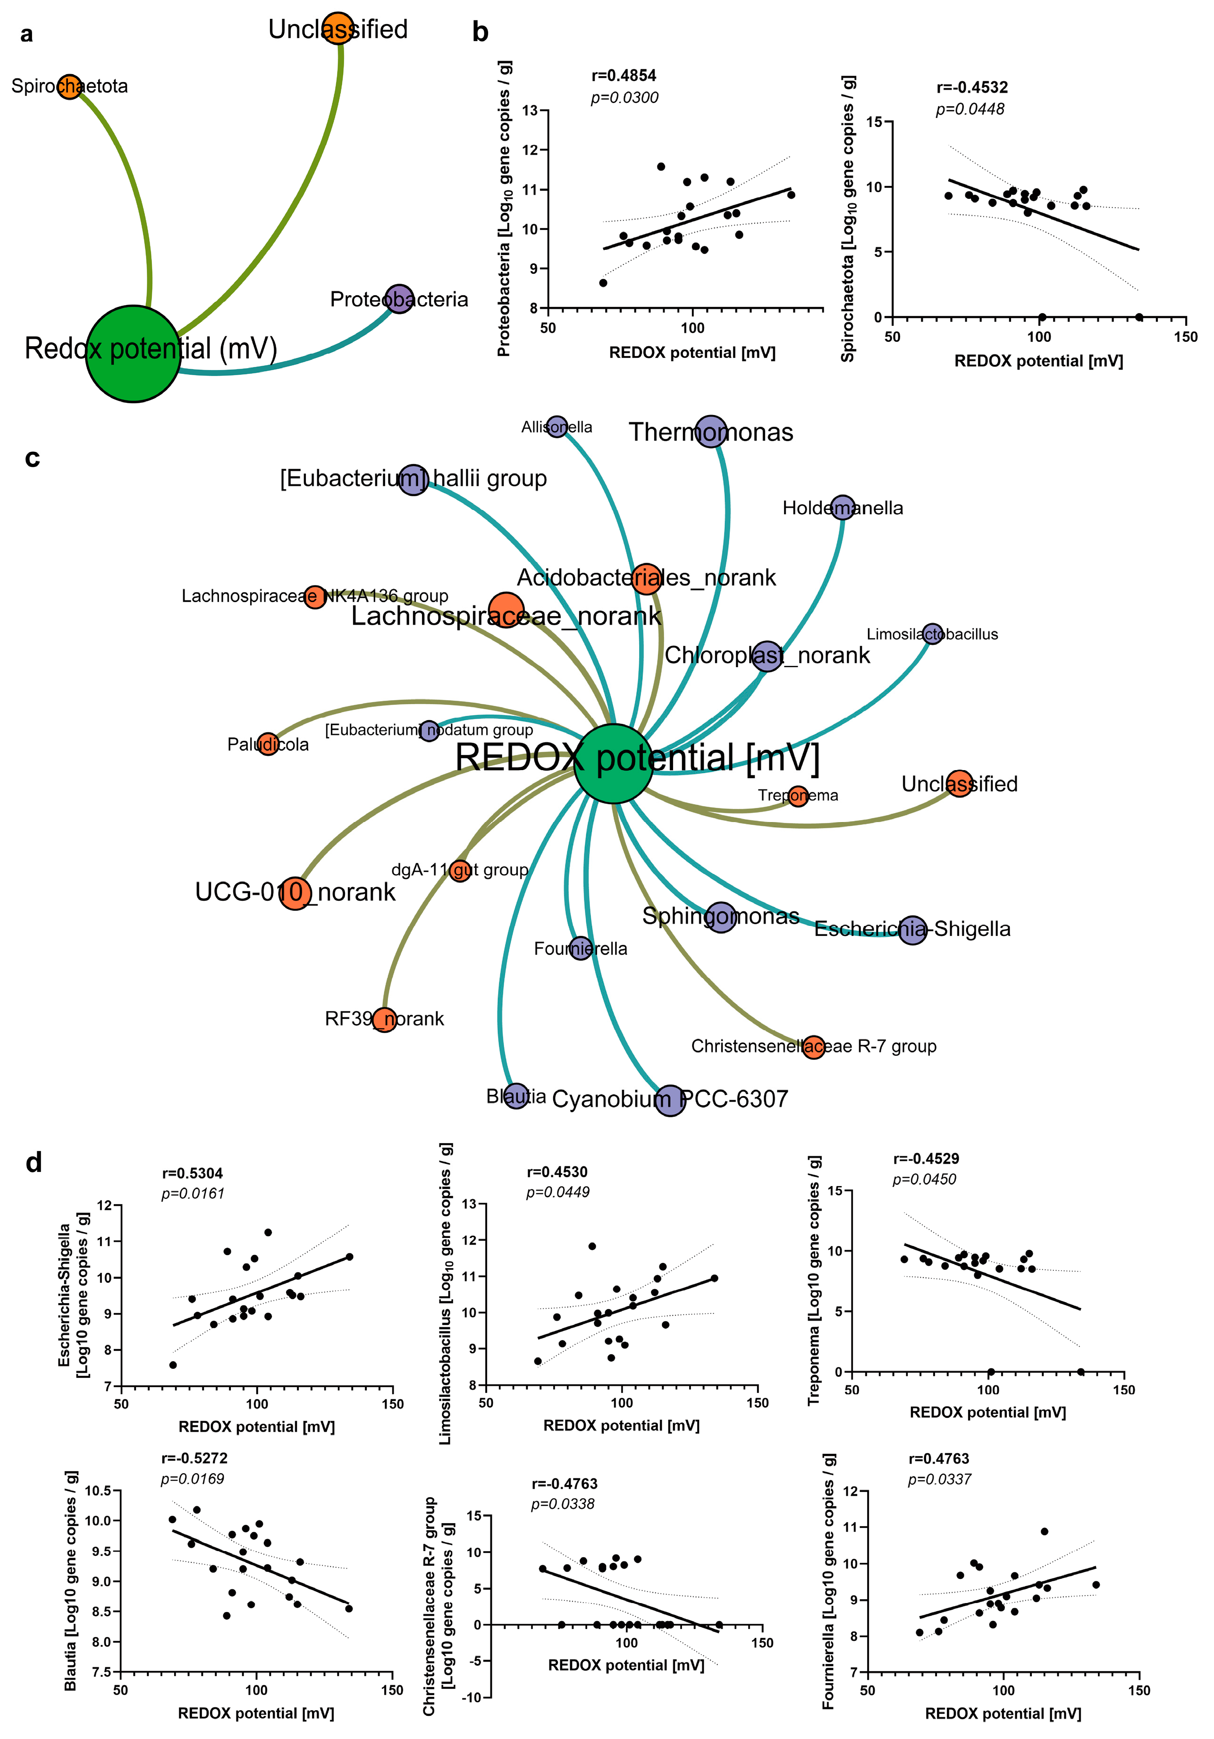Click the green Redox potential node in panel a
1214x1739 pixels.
(x=133, y=353)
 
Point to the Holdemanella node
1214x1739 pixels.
(x=842, y=508)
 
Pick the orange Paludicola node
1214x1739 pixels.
(x=267, y=744)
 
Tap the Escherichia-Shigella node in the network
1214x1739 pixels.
(x=912, y=929)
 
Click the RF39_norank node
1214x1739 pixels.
(x=385, y=1019)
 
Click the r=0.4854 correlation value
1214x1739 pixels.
(x=623, y=76)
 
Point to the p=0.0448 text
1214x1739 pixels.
(x=970, y=109)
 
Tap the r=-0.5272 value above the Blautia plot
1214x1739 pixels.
(x=194, y=1458)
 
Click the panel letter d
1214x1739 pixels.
(x=34, y=1162)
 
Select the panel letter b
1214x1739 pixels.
(x=480, y=33)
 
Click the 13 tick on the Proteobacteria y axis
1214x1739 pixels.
(x=530, y=110)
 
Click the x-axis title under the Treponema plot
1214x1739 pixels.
(x=987, y=1412)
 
